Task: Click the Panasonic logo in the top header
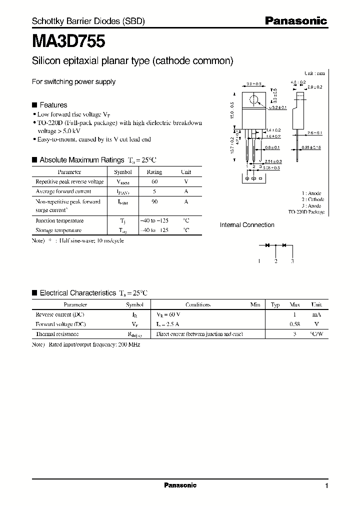point(295,21)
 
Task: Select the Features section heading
point(53,105)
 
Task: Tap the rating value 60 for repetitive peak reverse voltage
point(154,182)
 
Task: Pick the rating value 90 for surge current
point(154,201)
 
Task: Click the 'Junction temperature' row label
point(59,220)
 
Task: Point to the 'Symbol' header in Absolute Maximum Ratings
point(123,171)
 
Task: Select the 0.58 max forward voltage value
point(295,324)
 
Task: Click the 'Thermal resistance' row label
point(57,333)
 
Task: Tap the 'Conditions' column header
point(197,304)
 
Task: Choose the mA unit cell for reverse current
point(316,314)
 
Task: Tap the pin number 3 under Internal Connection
point(292,261)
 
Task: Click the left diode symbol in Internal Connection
point(267,245)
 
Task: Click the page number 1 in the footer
point(326,486)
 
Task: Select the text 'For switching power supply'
point(73,81)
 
